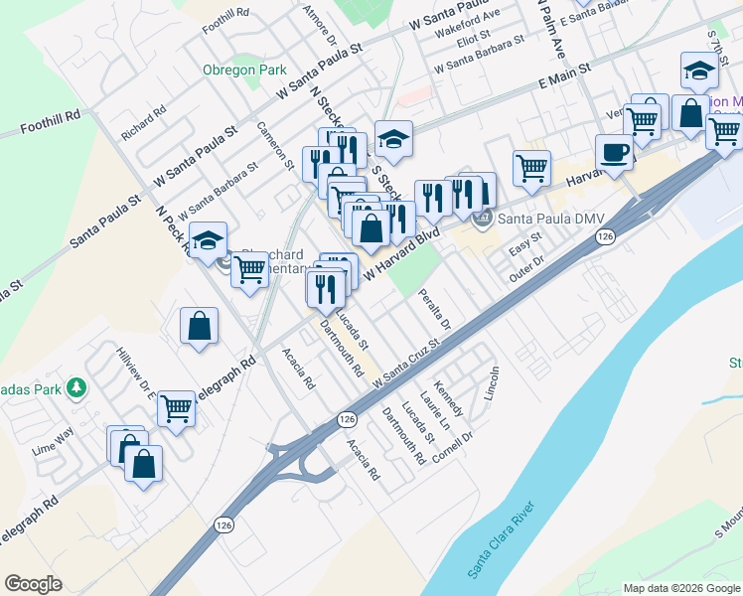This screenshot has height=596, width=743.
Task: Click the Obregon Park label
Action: (x=244, y=70)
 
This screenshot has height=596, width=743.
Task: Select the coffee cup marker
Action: (x=614, y=153)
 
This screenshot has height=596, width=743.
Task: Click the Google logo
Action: (x=33, y=584)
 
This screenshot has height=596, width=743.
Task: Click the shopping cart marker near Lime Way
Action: (x=176, y=406)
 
